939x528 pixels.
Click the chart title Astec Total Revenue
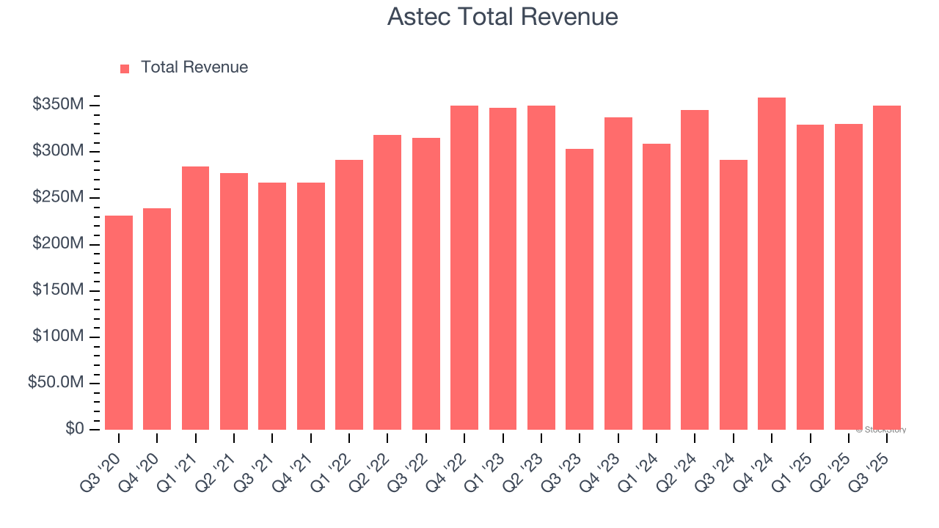[503, 17]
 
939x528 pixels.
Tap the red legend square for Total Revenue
[125, 68]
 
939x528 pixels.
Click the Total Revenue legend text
[194, 67]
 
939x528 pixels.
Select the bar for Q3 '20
[119, 323]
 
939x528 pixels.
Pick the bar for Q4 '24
[772, 264]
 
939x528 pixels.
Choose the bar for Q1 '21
[195, 298]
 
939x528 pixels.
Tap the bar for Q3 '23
[580, 289]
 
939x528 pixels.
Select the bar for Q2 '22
[387, 282]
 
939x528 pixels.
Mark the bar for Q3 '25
[887, 268]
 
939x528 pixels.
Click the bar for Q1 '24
[657, 287]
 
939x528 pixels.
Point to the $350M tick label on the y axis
[57, 105]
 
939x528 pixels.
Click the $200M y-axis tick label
[57, 243]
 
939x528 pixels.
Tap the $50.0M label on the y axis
[56, 383]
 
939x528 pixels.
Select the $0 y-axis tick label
[75, 428]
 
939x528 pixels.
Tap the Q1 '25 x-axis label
[802, 463]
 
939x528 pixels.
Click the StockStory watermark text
[880, 430]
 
